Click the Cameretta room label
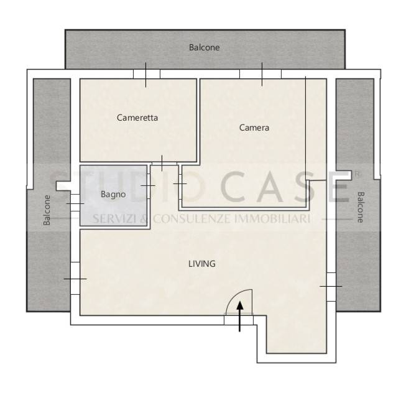(137, 118)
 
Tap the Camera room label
(254, 128)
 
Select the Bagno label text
(113, 194)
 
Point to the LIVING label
(202, 264)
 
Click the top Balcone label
(205, 47)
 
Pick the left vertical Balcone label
(47, 210)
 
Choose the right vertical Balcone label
(361, 207)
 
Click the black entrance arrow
(240, 316)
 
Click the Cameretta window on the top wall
(147, 74)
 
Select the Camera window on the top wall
(261, 74)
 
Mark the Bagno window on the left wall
(75, 203)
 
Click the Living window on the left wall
(75, 279)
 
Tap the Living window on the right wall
(331, 287)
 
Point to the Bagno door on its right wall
(149, 186)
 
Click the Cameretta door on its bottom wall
(164, 164)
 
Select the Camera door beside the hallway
(180, 184)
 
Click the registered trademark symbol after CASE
(357, 174)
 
